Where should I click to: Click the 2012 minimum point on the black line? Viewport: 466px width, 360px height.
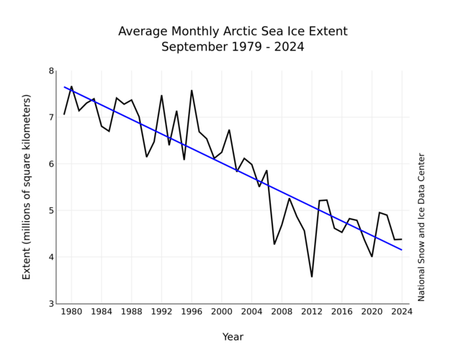pyautogui.click(x=312, y=276)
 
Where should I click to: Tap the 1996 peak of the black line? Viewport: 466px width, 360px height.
pyautogui.click(x=192, y=90)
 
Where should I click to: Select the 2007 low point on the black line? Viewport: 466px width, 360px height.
pyautogui.click(x=274, y=244)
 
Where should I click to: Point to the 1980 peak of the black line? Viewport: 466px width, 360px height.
pyautogui.click(x=71, y=86)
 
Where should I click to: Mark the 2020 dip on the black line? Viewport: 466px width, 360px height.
pyautogui.click(x=372, y=256)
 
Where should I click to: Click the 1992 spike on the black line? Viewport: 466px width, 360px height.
pyautogui.click(x=161, y=95)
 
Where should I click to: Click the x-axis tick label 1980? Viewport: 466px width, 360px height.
pyautogui.click(x=71, y=312)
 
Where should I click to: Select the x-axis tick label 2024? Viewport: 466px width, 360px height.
pyautogui.click(x=401, y=312)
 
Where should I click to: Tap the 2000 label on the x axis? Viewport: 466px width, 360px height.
pyautogui.click(x=221, y=312)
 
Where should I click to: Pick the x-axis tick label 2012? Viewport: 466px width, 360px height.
pyautogui.click(x=311, y=312)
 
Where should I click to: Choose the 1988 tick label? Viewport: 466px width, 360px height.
pyautogui.click(x=131, y=312)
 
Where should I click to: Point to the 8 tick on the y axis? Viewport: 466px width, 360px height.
pyautogui.click(x=51, y=71)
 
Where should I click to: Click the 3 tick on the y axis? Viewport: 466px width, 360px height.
pyautogui.click(x=51, y=304)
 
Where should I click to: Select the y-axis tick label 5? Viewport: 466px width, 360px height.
pyautogui.click(x=51, y=210)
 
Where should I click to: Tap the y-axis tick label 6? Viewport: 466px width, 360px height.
pyautogui.click(x=51, y=164)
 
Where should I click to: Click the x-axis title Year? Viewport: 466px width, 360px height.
pyautogui.click(x=233, y=337)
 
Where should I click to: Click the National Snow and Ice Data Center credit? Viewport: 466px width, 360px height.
pyautogui.click(x=422, y=227)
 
